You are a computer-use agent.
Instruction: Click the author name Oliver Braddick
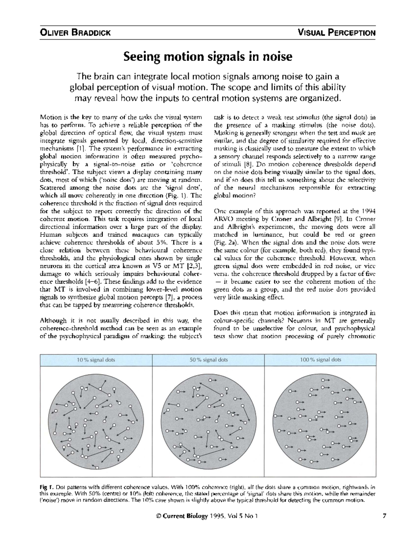coord(75,33)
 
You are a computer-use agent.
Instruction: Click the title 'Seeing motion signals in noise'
coord(208,57)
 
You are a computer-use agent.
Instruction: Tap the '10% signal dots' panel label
coord(96,360)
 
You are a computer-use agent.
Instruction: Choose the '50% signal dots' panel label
coord(208,360)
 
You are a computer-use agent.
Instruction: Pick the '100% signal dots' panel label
coord(320,360)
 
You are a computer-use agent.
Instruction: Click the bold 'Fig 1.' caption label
coord(46,487)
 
